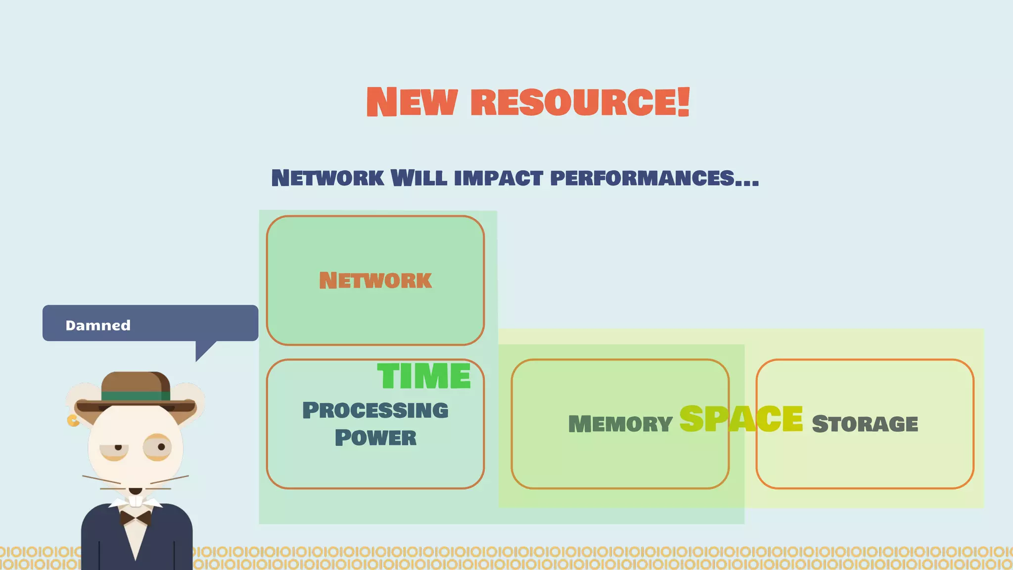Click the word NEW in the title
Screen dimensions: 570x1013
click(412, 102)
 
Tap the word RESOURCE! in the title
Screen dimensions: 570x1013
click(580, 102)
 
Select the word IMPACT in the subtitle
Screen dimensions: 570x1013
click(498, 178)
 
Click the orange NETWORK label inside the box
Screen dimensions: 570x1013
click(375, 281)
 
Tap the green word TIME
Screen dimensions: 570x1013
click(424, 377)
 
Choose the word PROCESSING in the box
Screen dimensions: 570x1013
click(375, 411)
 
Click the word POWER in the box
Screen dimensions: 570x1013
click(375, 438)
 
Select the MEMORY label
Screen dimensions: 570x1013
click(620, 424)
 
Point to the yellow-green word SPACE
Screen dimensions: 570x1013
click(741, 419)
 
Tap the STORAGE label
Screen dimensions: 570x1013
click(865, 424)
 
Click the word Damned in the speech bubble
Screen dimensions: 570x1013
click(98, 326)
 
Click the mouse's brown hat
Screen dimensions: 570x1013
click(136, 383)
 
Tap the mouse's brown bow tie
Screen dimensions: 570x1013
click(136, 518)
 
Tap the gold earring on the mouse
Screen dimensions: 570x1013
click(73, 421)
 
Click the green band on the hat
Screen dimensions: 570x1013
click(136, 396)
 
